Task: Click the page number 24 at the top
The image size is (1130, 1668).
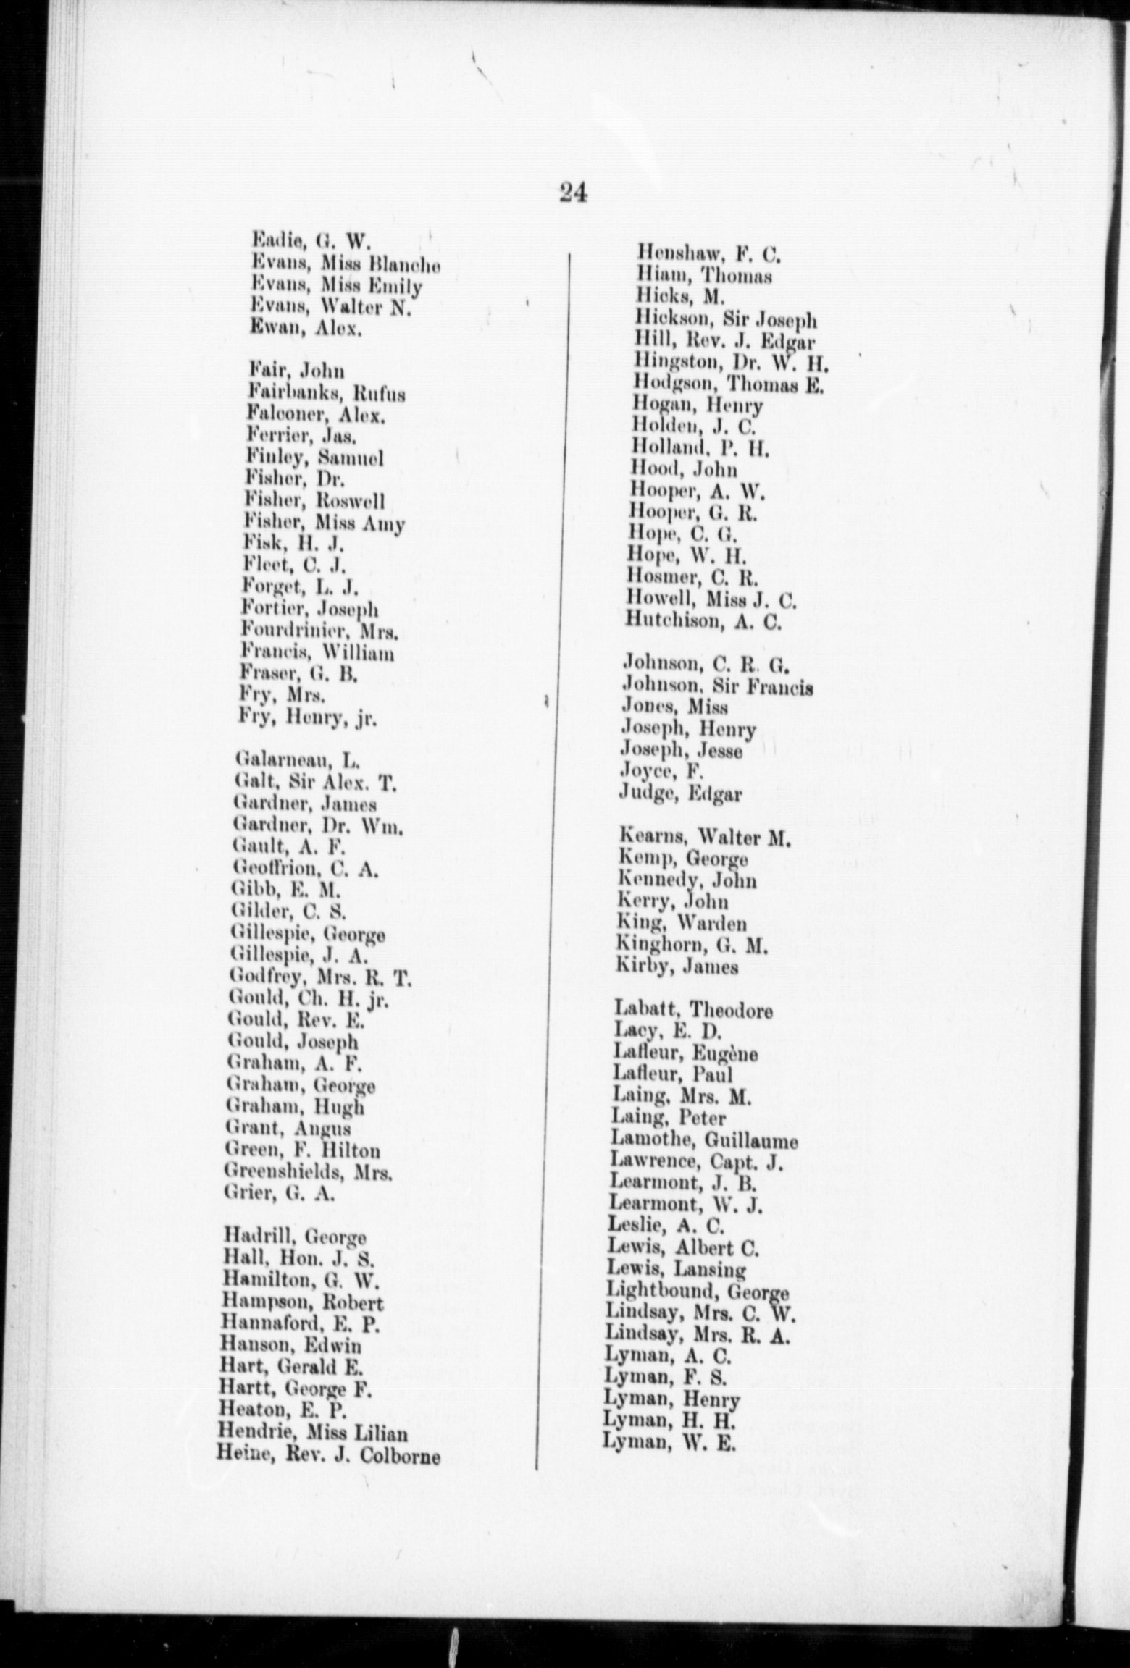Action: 572,193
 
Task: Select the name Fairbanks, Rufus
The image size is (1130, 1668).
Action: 325,393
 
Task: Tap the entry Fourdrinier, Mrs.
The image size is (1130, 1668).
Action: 320,632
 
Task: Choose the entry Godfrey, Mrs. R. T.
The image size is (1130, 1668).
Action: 319,979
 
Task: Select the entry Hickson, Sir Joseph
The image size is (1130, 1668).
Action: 727,319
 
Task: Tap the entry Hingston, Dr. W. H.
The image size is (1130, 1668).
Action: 730,361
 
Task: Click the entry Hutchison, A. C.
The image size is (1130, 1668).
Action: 703,622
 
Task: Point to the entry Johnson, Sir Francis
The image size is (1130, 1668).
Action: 717,686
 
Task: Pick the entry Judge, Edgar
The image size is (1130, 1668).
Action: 680,794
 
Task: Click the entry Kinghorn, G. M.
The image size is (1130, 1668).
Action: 692,945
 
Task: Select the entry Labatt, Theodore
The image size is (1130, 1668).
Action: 693,1009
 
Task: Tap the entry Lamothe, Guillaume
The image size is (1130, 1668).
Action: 704,1141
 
